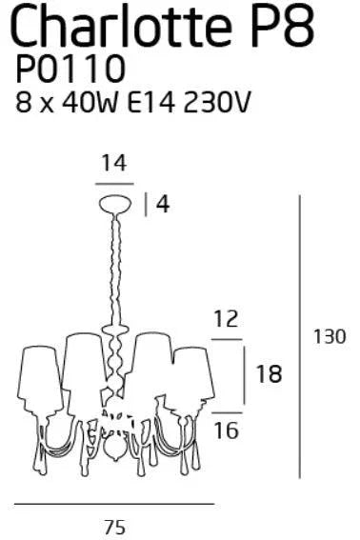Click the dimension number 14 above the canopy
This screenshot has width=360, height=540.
pos(113,165)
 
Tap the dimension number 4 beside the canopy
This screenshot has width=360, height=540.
pos(163,204)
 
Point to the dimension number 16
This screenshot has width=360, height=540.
pos(226,430)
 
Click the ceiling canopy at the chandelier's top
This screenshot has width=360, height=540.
pos(114,202)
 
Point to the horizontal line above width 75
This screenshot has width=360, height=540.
pos(114,505)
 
